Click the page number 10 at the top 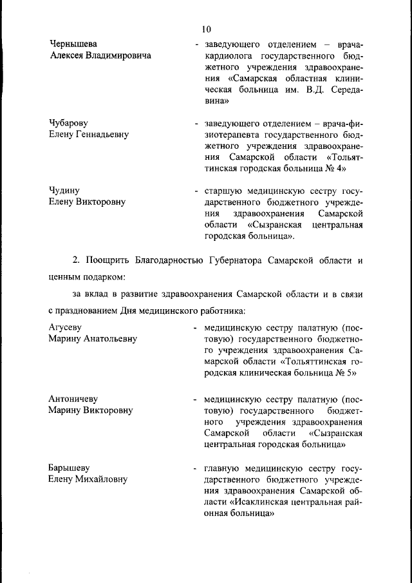click(206, 29)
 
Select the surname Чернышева click(73, 44)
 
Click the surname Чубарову click(69, 122)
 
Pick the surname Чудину click(64, 189)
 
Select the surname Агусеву click(66, 326)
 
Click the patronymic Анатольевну click(105, 338)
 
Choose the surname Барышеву click(69, 467)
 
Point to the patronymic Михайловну click(101, 479)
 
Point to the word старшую click(223, 191)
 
